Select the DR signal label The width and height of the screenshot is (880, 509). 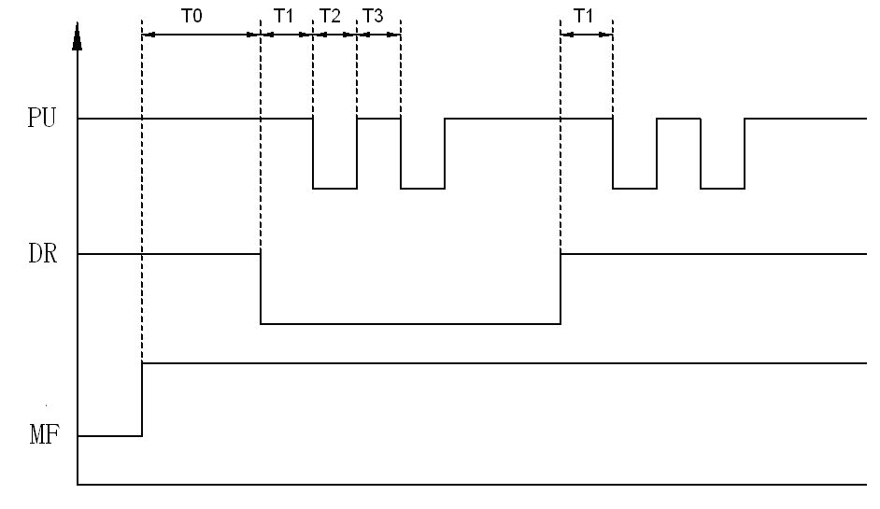coord(43,253)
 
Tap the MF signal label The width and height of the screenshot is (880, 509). coord(43,435)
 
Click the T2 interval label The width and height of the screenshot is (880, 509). coord(330,16)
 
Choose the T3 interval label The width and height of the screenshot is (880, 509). coord(373,16)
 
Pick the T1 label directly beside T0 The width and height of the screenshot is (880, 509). coord(284,16)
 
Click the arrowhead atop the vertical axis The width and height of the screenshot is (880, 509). coord(78,39)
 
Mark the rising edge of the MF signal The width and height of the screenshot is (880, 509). coord(142,399)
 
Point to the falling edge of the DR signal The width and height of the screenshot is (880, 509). coord(261,288)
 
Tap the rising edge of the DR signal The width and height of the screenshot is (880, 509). coord(561,288)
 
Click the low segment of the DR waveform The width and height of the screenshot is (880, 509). coord(411,323)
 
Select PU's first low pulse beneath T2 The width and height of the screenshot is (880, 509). coord(334,188)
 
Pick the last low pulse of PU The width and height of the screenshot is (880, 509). coord(722,188)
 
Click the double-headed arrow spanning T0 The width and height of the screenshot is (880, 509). coord(201,35)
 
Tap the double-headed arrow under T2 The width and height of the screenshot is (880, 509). coord(334,35)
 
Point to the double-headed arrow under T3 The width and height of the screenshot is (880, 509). coord(378,35)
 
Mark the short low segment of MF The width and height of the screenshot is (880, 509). coord(109,435)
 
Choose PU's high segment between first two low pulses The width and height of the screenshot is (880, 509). coord(378,119)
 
